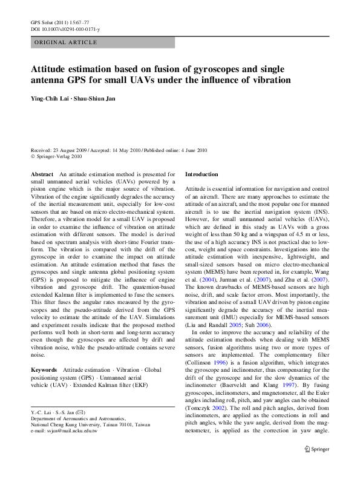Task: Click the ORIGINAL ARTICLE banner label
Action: click(x=67, y=42)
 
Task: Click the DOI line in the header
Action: click(x=65, y=29)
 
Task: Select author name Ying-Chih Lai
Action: click(x=53, y=98)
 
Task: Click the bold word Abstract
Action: click(x=42, y=174)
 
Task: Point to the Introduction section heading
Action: click(x=201, y=174)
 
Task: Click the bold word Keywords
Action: click(x=44, y=369)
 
